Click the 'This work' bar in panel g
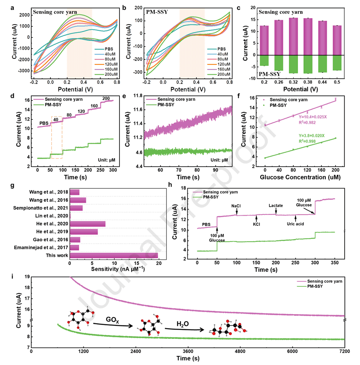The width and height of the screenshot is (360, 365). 114,256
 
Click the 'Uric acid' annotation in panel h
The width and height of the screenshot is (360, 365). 295,224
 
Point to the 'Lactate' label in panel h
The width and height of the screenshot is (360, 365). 276,206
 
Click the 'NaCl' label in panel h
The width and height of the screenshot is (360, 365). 236,206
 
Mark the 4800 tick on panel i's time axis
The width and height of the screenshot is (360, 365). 240,350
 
